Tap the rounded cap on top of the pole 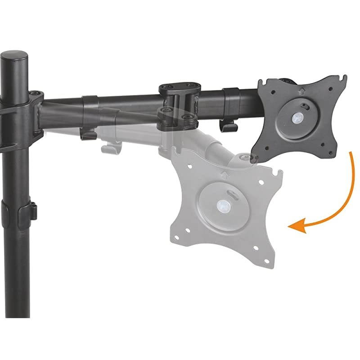pyautogui.click(x=15, y=58)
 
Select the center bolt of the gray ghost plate pyautogui.click(x=222, y=206)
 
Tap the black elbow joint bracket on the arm pyautogui.click(x=179, y=100)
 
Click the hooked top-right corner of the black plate pyautogui.click(x=344, y=80)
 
